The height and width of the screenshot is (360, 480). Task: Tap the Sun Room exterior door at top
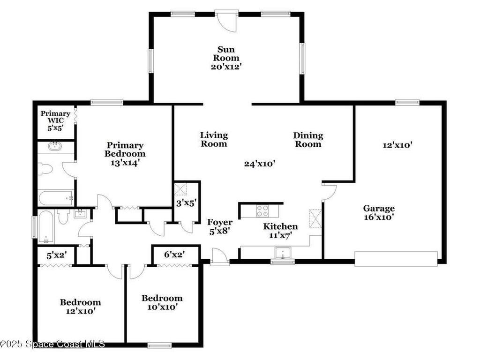pos(227,20)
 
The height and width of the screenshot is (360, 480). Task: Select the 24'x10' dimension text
pos(259,164)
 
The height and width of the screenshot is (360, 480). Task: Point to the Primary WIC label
pos(55,120)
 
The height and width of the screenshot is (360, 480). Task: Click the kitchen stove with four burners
pos(262,211)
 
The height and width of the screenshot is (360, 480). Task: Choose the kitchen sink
pos(283,254)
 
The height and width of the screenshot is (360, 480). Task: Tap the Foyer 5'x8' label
pos(220,226)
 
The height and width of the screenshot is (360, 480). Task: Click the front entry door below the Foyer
pos(219,257)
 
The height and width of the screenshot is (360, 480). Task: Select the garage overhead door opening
pos(396,259)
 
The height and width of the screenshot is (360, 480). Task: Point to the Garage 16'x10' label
pos(379,212)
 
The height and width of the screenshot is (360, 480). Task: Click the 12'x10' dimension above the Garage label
pos(397,145)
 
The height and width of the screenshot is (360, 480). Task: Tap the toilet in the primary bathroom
pos(45,169)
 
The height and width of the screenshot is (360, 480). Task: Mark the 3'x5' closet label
pos(186,203)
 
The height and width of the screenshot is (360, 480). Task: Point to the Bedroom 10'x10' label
pos(162,303)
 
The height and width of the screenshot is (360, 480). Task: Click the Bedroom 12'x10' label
pos(80,306)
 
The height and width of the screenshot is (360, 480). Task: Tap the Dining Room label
pos(308,140)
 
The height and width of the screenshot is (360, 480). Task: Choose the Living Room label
pos(214,139)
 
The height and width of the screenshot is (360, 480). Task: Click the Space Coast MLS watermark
pos(52,344)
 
